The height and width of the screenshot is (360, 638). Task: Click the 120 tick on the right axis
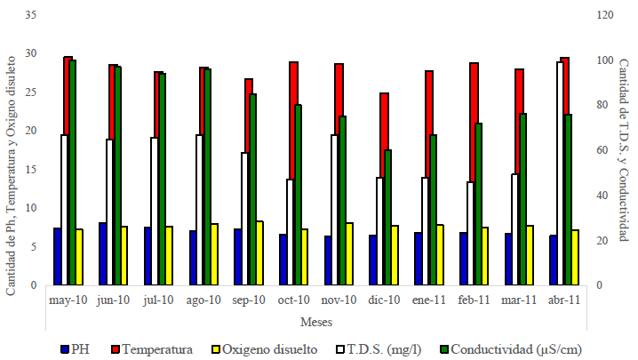click(604, 15)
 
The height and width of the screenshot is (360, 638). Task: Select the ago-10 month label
click(203, 300)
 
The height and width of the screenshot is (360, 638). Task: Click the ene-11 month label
click(429, 300)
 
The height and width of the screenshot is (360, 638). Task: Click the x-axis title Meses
click(316, 321)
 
